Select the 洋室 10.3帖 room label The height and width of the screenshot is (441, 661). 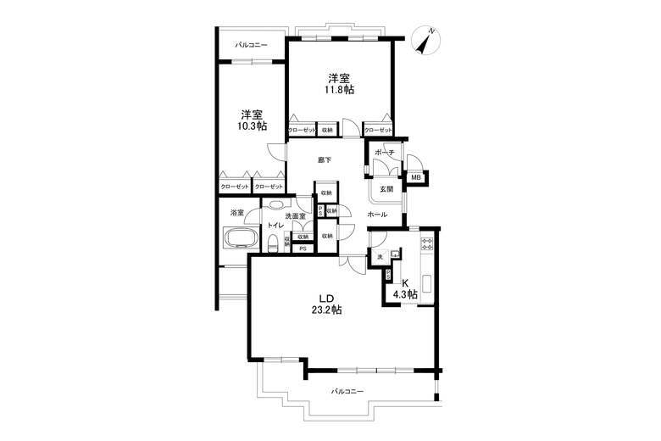point(252,120)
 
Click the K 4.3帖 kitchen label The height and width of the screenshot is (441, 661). point(405,288)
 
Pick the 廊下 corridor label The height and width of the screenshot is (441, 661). point(325,159)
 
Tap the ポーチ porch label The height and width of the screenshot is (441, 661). point(386,154)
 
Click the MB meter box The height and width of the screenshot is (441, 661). point(416,178)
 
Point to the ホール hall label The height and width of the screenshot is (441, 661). point(377,215)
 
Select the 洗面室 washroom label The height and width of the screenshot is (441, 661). point(295,217)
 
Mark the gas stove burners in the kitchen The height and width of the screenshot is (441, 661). point(426,247)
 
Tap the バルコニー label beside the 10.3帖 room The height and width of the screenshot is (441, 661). point(251,45)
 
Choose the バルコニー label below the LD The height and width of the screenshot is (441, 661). point(347,391)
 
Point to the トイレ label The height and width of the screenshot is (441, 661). point(275,226)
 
